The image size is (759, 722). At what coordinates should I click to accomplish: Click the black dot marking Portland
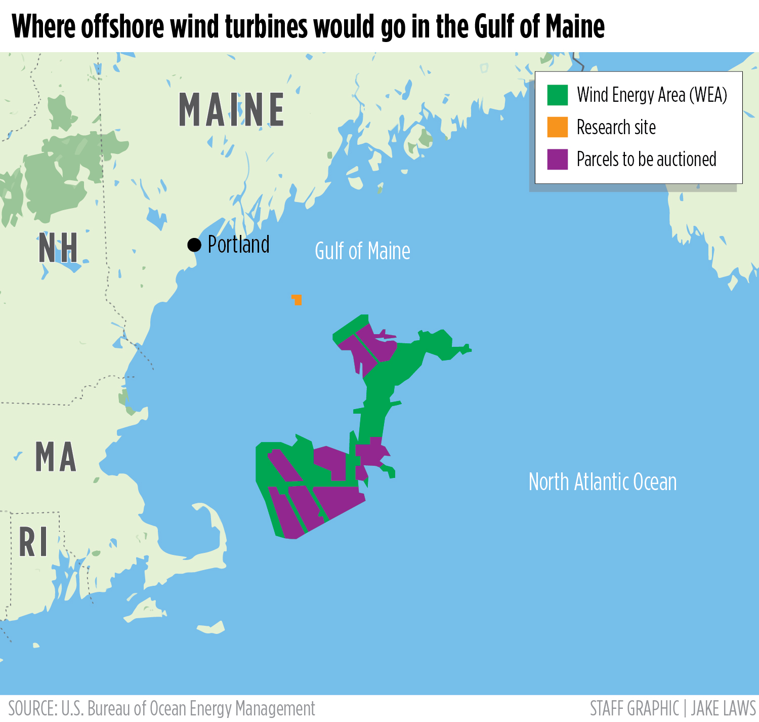194,245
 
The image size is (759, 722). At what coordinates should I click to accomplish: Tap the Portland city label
238,245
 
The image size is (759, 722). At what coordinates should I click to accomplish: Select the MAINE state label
231,110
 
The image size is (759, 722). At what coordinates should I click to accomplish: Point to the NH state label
58,249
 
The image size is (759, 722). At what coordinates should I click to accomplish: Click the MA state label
56,457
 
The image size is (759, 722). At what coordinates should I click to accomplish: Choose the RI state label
33,542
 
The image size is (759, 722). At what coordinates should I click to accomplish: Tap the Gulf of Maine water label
362,251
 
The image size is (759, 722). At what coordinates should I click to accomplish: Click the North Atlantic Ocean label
602,482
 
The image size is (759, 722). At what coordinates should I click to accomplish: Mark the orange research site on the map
297,300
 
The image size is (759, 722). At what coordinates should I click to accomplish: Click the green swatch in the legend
557,95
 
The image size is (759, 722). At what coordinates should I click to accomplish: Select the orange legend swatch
557,127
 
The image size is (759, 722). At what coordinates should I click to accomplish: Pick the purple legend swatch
557,159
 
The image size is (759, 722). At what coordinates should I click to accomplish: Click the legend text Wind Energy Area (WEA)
652,95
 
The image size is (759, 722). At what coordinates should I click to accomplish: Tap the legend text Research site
616,128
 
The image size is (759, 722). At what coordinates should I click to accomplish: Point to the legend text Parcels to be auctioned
646,159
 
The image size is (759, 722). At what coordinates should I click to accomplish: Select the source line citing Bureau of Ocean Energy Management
162,708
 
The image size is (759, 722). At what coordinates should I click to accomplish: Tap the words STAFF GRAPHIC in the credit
634,708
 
